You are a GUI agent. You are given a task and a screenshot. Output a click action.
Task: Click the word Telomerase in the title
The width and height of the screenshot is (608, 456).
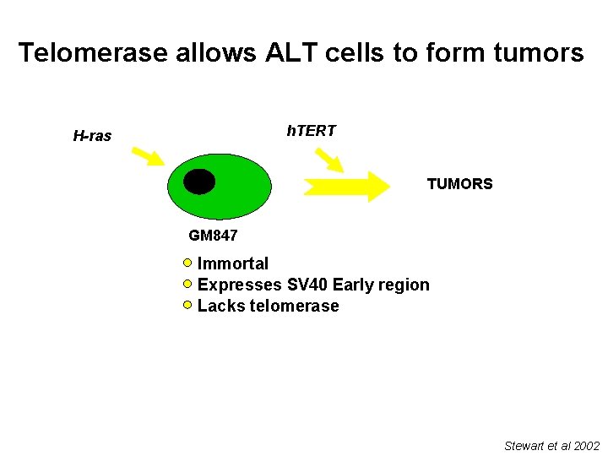[94, 53]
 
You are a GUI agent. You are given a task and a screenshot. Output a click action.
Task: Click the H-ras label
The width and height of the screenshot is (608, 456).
[92, 136]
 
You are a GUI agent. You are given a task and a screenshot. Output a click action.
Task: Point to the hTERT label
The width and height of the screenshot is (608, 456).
[311, 131]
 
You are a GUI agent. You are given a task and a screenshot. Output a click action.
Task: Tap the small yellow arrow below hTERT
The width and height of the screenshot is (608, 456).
[328, 160]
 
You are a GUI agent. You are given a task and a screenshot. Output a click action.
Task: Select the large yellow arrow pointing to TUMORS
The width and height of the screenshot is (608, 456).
[346, 186]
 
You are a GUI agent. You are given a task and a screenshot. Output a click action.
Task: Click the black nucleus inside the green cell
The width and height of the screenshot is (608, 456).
[200, 182]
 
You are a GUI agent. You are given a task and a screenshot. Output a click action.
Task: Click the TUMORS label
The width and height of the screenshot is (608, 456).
[459, 184]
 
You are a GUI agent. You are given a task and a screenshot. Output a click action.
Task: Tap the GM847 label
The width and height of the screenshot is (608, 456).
[213, 236]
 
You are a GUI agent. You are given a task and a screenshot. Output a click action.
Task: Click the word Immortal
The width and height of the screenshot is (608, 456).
[233, 264]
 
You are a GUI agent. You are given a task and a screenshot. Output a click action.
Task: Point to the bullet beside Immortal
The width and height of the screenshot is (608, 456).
[188, 263]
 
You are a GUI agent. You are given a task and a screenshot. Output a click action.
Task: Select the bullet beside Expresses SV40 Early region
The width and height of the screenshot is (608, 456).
[188, 284]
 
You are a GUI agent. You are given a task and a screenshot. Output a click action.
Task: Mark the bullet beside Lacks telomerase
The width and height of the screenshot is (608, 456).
[188, 304]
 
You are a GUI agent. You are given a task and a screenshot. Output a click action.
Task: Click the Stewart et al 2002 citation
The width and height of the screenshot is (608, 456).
[551, 445]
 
